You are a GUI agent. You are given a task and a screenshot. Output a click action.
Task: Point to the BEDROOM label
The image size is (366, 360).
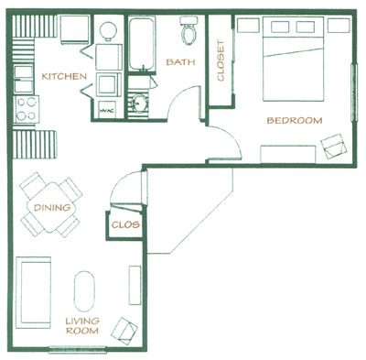coord(295,120)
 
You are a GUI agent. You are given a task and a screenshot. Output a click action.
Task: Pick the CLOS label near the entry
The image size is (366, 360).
coord(124,224)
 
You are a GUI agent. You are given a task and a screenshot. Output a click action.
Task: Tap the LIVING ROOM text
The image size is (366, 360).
coord(81,324)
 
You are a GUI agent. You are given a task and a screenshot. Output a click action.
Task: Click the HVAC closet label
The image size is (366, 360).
coord(106,108)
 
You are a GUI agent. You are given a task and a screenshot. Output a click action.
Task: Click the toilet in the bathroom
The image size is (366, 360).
coord(190,33)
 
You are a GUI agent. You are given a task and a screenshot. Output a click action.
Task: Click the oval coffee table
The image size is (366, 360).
coord(83,291)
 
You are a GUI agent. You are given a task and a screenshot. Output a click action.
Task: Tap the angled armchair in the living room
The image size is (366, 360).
coord(125,328)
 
